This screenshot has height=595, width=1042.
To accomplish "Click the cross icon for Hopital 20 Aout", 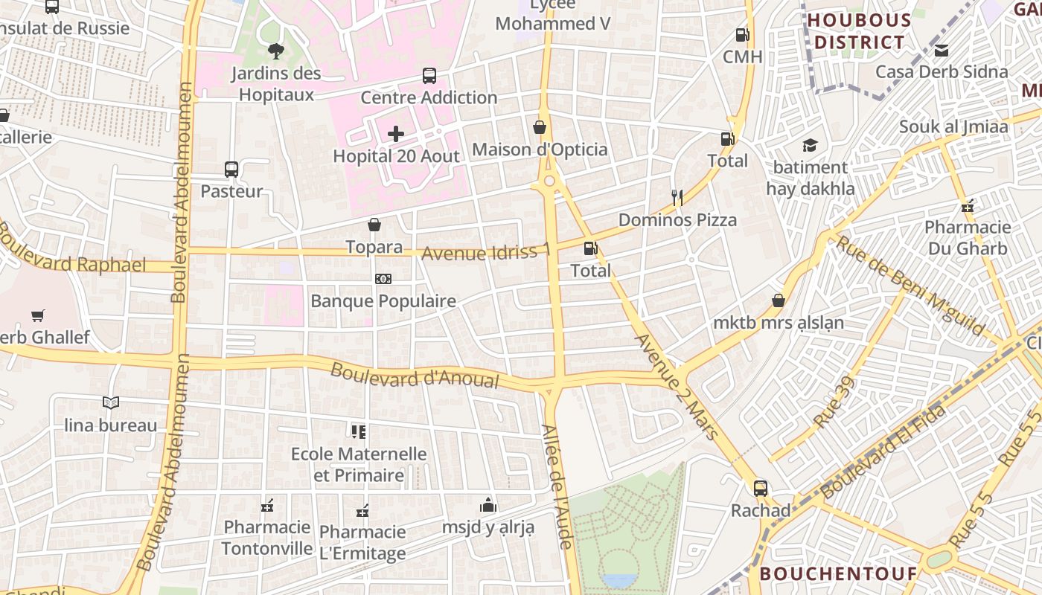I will pyautogui.click(x=396, y=134).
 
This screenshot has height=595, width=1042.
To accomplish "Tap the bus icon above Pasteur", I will pyautogui.click(x=231, y=169).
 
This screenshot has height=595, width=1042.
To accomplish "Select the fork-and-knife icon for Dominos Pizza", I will pyautogui.click(x=677, y=197).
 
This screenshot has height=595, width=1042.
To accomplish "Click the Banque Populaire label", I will pyautogui.click(x=383, y=301).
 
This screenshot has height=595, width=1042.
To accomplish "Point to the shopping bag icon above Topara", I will pyautogui.click(x=374, y=225).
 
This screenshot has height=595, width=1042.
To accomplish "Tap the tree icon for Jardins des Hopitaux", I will pyautogui.click(x=275, y=51).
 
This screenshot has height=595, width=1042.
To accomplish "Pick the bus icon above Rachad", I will pyautogui.click(x=760, y=489).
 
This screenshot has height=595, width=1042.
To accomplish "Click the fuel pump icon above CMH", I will pyautogui.click(x=741, y=34).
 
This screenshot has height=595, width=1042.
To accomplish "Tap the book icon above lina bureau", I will pyautogui.click(x=111, y=403).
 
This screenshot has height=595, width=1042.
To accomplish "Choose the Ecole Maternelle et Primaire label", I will pyautogui.click(x=359, y=464).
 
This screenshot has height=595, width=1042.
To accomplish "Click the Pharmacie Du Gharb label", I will pyautogui.click(x=968, y=237).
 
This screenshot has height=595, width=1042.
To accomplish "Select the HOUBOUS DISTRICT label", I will pyautogui.click(x=859, y=31).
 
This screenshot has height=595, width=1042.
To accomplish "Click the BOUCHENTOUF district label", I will pyautogui.click(x=838, y=573).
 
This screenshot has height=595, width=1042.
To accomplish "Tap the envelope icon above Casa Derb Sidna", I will pyautogui.click(x=942, y=51).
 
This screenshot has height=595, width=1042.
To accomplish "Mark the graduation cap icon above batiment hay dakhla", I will pyautogui.click(x=809, y=145).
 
